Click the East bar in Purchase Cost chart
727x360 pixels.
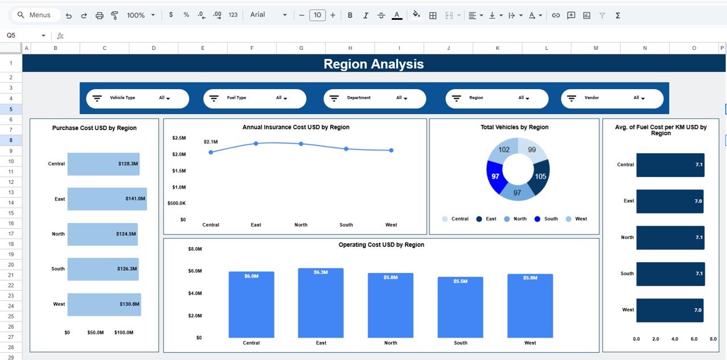(107, 199)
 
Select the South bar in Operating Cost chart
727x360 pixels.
(460, 307)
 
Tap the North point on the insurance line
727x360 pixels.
(301, 144)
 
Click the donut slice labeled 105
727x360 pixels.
(540, 176)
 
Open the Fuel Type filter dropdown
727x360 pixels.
(282, 98)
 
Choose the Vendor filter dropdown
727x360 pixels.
(639, 98)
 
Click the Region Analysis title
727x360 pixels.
(374, 64)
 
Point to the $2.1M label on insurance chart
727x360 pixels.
(211, 141)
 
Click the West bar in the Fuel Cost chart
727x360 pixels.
(670, 310)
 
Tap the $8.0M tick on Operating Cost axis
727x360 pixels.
(195, 249)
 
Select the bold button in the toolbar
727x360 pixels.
(350, 15)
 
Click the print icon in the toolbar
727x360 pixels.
(99, 15)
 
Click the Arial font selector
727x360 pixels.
(270, 15)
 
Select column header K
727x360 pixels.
(498, 48)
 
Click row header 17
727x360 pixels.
(11, 233)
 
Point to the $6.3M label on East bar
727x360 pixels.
(321, 273)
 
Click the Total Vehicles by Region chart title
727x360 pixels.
(514, 127)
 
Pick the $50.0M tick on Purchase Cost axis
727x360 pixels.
(95, 332)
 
